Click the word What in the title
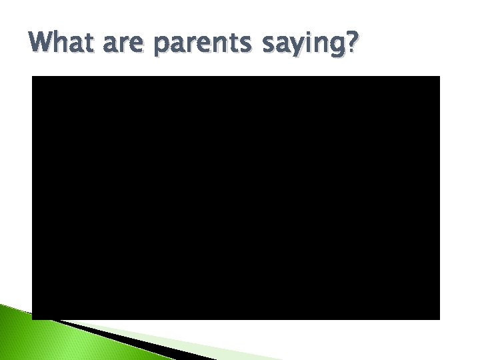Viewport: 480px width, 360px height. [x=64, y=43]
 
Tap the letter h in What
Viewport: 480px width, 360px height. [x=63, y=43]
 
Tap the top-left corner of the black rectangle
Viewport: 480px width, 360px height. [x=33, y=77]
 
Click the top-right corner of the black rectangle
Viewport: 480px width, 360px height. [x=439, y=77]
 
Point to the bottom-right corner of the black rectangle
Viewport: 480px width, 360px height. [x=439, y=319]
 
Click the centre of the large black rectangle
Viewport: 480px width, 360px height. [x=236, y=198]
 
